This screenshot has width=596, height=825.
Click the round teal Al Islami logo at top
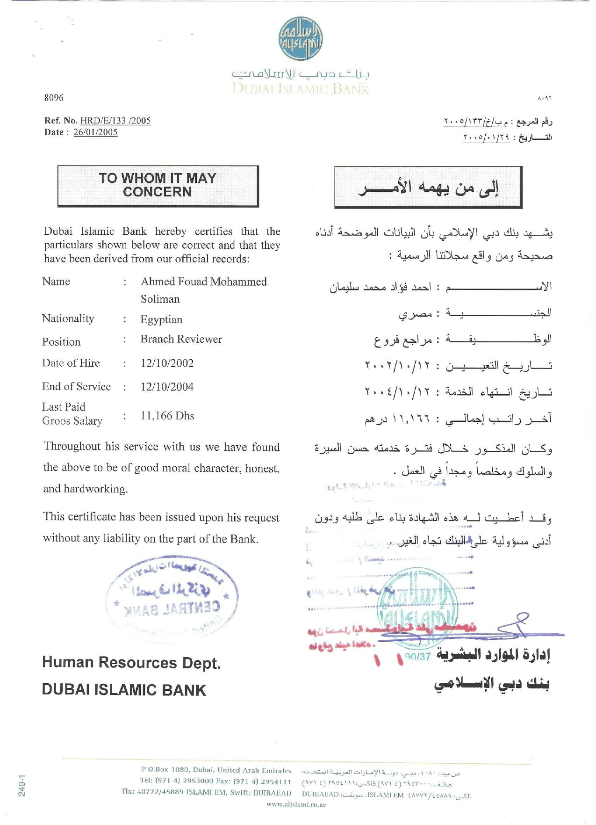click(x=301, y=39)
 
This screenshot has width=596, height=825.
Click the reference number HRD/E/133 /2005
click(x=115, y=121)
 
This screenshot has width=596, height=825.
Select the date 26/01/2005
click(x=95, y=132)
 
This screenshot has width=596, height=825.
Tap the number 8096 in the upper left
click(x=54, y=98)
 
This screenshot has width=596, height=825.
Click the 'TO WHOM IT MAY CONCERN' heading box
click(x=158, y=186)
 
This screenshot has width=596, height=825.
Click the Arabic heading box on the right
click(x=428, y=187)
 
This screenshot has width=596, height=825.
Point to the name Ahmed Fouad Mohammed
click(x=203, y=282)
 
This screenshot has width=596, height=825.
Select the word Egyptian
click(x=161, y=319)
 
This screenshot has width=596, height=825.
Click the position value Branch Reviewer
click(x=181, y=339)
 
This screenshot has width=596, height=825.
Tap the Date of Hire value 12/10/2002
click(x=167, y=363)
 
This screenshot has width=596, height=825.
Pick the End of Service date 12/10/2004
click(x=167, y=387)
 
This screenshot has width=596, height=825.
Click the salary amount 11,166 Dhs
click(x=167, y=416)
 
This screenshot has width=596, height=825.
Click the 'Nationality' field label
click(x=68, y=319)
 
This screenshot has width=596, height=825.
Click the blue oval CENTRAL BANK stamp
click(x=172, y=595)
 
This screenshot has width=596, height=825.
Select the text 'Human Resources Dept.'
click(x=131, y=663)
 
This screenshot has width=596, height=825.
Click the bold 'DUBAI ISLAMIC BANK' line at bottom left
click(x=124, y=690)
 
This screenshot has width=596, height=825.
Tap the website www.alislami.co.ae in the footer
click(x=296, y=804)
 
